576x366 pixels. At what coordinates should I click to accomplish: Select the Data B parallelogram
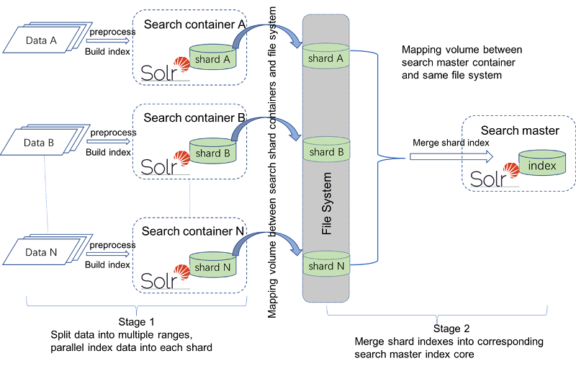point(41,143)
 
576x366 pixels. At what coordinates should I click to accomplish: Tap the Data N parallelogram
point(41,254)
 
